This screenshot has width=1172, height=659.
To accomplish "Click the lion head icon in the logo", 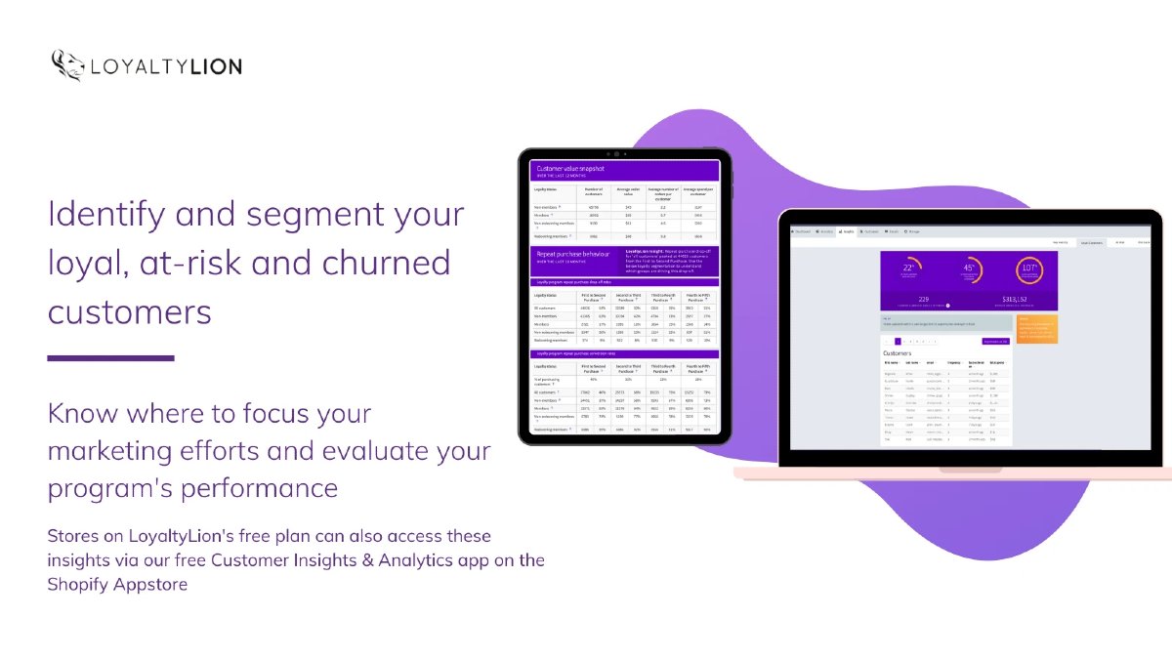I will [67, 65].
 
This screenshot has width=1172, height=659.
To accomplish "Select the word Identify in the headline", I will [100, 215].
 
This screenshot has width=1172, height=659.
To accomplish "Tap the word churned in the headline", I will [387, 263].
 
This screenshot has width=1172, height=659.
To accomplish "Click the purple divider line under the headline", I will [110, 358].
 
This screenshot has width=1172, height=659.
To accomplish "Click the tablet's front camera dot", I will [617, 154].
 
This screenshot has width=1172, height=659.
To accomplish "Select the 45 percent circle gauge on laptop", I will [969, 269].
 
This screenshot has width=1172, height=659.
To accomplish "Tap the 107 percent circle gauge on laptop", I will [1029, 269].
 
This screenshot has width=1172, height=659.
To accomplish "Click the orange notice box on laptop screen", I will [1037, 328].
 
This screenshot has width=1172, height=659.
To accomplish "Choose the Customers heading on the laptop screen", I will [897, 353].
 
